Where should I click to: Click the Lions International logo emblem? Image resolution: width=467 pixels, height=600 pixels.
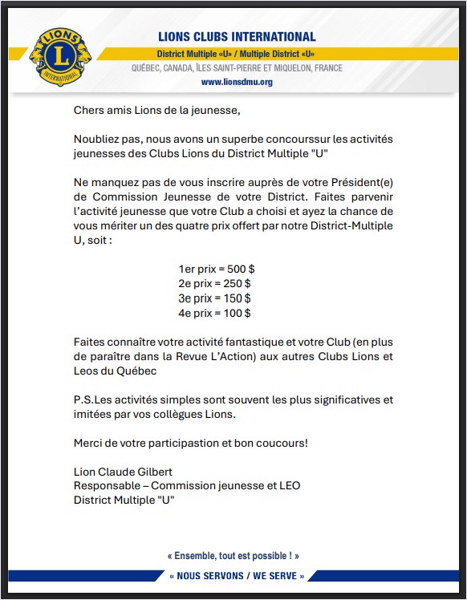[59, 58]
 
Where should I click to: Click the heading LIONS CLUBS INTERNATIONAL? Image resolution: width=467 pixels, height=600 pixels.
[236, 37]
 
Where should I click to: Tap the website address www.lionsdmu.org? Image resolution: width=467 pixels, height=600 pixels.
[237, 82]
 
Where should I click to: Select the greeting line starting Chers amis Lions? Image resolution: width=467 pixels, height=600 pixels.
[156, 109]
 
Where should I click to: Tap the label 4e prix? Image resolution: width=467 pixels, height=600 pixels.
[195, 313]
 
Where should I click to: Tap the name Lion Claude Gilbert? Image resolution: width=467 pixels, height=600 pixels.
[123, 472]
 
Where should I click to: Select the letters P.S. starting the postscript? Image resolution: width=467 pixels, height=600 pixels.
[83, 399]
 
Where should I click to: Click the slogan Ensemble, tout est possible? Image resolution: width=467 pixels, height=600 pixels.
[233, 555]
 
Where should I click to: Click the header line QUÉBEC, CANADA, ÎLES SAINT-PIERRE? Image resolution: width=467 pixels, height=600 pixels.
[237, 68]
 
